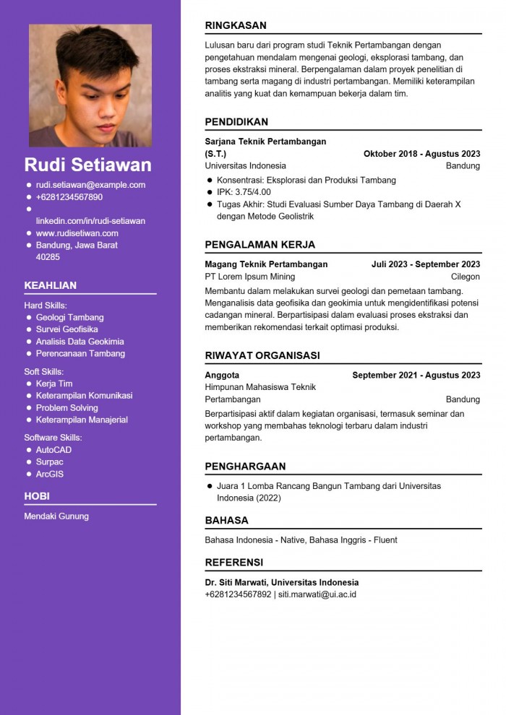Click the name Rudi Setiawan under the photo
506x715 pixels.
coord(88,164)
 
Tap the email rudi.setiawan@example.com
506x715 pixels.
coord(90,185)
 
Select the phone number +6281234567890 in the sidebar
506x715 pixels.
coord(69,197)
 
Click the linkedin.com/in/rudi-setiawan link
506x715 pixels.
coord(90,221)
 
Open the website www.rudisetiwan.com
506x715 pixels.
coord(77,233)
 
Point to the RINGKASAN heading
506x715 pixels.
coord(236,25)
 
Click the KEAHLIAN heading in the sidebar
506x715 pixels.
coord(51,285)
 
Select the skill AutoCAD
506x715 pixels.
coord(53,450)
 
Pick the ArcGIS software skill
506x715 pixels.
coord(50,474)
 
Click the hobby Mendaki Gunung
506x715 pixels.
coord(56,516)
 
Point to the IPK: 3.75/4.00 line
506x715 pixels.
coord(244,192)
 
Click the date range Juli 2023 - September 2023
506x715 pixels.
coord(426,264)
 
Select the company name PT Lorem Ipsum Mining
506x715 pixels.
coord(250,277)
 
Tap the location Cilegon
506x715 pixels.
coord(465,277)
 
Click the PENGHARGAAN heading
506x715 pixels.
coord(245,467)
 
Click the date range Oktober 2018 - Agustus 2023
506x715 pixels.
coord(421,154)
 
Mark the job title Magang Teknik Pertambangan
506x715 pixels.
coord(266,264)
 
